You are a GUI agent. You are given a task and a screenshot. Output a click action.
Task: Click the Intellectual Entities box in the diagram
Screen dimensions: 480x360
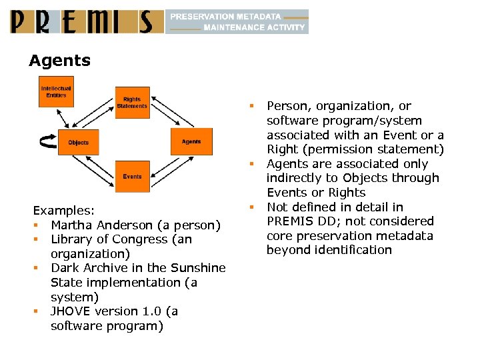(x=56, y=91)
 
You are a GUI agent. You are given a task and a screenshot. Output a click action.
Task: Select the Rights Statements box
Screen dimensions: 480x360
(x=132, y=103)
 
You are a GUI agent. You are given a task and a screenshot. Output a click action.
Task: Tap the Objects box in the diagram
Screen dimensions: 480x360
(x=78, y=142)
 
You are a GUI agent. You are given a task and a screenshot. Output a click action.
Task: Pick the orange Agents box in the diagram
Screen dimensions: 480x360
(x=191, y=141)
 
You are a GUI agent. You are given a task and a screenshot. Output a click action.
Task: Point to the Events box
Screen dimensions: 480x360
(x=132, y=177)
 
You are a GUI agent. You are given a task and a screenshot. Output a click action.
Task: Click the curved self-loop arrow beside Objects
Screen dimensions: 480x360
(x=47, y=141)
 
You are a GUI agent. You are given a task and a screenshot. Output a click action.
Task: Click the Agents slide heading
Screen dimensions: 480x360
(x=59, y=61)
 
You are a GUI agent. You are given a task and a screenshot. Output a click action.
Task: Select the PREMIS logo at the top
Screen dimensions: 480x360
(x=87, y=21)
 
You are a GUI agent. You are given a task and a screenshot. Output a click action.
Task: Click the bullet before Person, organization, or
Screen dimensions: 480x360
(x=253, y=105)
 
